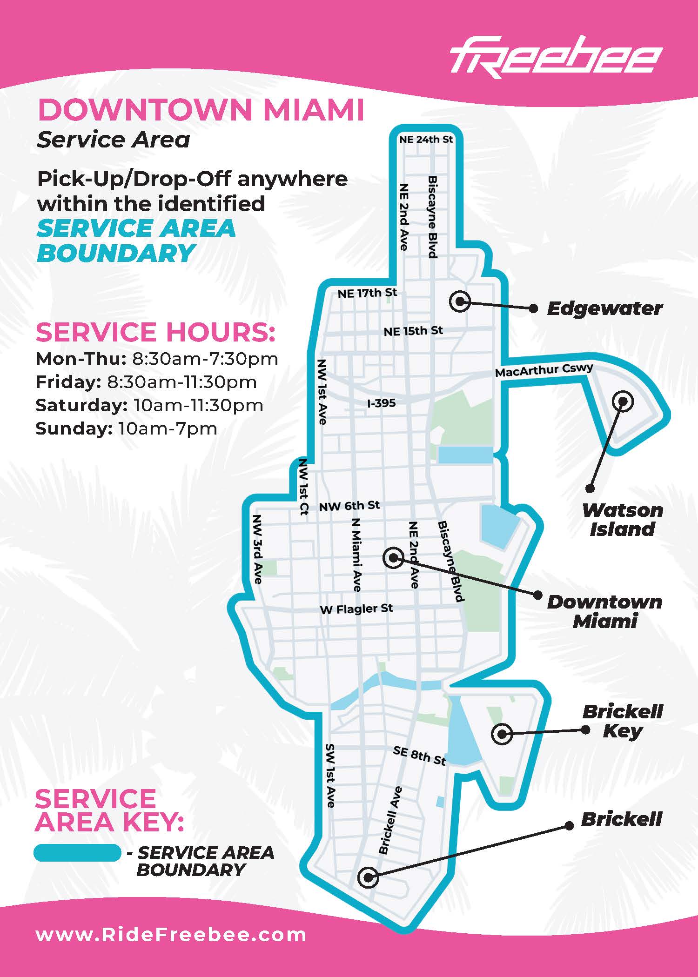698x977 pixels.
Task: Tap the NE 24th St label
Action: click(426, 139)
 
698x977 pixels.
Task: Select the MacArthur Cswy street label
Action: click(544, 370)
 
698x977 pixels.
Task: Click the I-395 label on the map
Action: click(381, 403)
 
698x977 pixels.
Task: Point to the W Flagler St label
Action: click(356, 609)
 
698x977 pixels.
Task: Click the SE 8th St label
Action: click(419, 756)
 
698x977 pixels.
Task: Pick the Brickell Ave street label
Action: click(390, 820)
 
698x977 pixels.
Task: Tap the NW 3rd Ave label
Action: click(257, 549)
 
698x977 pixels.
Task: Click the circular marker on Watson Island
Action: click(623, 401)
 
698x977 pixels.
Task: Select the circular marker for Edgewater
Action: click(460, 301)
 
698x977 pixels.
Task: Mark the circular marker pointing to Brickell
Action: click(368, 877)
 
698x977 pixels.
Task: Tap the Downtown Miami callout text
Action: click(604, 611)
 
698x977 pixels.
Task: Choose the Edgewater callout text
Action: click(604, 308)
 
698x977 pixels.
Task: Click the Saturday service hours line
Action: click(149, 405)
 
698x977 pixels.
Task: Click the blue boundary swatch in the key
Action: click(77, 853)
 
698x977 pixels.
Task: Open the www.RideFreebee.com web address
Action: click(171, 934)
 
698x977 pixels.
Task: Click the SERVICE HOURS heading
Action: click(155, 332)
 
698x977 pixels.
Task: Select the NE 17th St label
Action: click(367, 293)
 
